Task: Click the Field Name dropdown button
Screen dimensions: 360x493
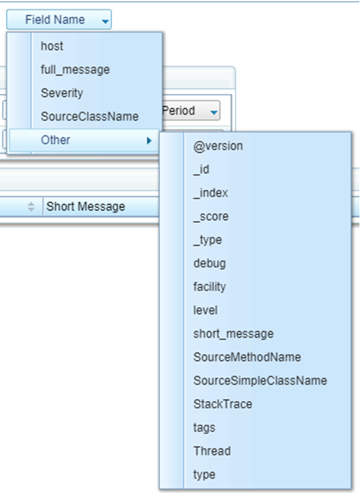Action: pos(59,20)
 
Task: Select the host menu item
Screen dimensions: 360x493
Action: pos(52,46)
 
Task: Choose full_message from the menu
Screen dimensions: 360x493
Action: pos(75,70)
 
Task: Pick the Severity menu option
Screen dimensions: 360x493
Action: pos(62,93)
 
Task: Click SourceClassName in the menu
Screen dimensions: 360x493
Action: pos(89,117)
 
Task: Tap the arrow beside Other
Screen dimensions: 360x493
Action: pos(149,141)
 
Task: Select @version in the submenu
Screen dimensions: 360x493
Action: pos(218,146)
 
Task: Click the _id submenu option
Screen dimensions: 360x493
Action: pos(202,170)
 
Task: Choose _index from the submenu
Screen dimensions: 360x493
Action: pos(211,193)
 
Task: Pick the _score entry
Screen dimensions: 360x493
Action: pos(211,217)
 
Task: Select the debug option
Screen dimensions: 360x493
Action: pos(210,263)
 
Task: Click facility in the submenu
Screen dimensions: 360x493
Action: pos(210,287)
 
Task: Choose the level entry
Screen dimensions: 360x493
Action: pos(205,310)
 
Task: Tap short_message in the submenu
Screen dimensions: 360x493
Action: pos(233,334)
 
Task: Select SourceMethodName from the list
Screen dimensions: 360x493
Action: pos(247,357)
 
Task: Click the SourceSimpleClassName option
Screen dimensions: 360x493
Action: pos(260,381)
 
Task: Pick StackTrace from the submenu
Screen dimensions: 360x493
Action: pos(222,404)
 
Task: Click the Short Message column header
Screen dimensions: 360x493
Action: pos(86,207)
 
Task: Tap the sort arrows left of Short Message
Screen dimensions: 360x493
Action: pos(31,207)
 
